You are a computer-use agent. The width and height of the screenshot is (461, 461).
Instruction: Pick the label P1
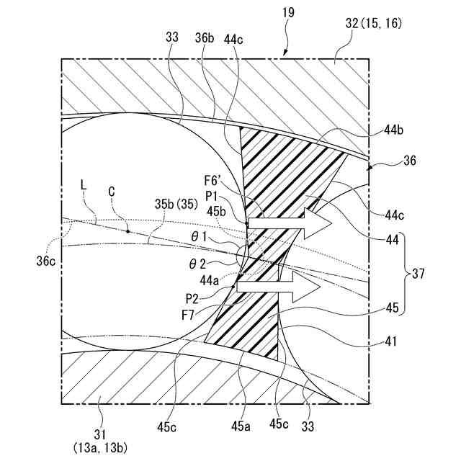coord(212,197)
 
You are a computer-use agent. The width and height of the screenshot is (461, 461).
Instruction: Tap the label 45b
coord(217,210)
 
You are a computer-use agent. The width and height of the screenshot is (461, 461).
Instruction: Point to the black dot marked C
coord(128,231)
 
